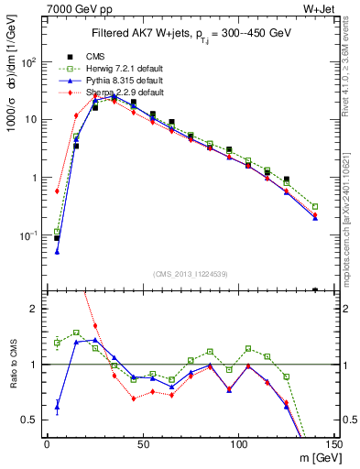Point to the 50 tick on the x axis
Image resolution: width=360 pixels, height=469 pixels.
[x=143, y=445]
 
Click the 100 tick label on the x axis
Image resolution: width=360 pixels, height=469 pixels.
[x=238, y=445]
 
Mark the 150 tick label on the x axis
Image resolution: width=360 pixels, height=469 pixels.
[x=334, y=445]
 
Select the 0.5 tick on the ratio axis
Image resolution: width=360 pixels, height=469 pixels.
[x=30, y=420]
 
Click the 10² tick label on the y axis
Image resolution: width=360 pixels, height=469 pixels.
[x=28, y=62]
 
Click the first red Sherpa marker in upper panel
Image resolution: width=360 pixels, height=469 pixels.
[x=57, y=191]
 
